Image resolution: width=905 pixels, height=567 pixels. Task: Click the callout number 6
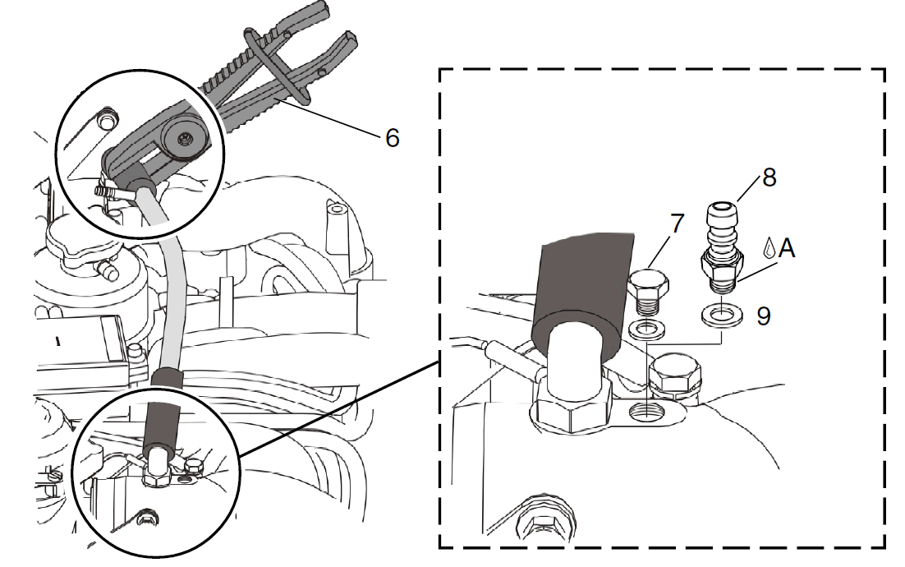[x=393, y=138]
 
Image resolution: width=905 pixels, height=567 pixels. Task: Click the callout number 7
[x=677, y=224]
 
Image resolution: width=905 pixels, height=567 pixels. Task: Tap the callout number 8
[x=769, y=177]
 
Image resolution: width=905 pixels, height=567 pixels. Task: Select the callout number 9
[x=764, y=316]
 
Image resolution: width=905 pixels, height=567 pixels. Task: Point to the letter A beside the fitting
[x=787, y=248]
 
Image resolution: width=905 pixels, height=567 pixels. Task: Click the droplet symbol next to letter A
[x=769, y=247]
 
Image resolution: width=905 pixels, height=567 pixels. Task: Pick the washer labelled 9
[x=722, y=316]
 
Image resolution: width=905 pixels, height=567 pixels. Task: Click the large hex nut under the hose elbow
[x=572, y=406]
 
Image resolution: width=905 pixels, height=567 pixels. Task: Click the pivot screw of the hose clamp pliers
[x=184, y=138]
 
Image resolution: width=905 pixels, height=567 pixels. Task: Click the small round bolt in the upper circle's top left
[x=106, y=121]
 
